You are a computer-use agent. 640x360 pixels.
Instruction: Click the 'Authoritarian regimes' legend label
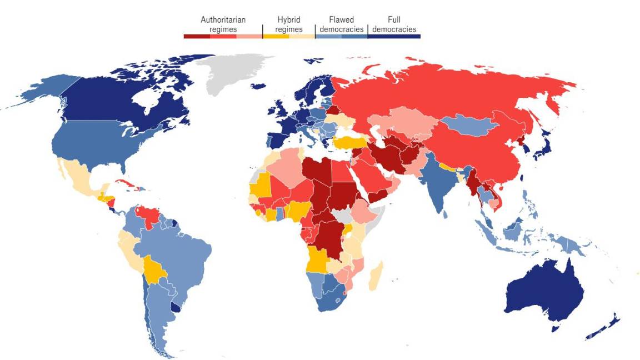click(223, 24)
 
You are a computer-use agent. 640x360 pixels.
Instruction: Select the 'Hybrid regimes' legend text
click(289, 24)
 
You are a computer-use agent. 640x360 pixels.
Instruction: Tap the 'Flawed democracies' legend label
click(341, 24)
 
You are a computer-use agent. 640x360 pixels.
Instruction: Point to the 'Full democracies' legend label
click(394, 24)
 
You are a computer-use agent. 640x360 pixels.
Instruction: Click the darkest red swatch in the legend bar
click(197, 36)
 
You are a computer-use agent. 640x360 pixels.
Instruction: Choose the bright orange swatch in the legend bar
click(276, 36)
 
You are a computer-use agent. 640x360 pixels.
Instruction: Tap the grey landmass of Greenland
click(233, 72)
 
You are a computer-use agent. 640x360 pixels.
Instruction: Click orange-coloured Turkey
click(347, 142)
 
